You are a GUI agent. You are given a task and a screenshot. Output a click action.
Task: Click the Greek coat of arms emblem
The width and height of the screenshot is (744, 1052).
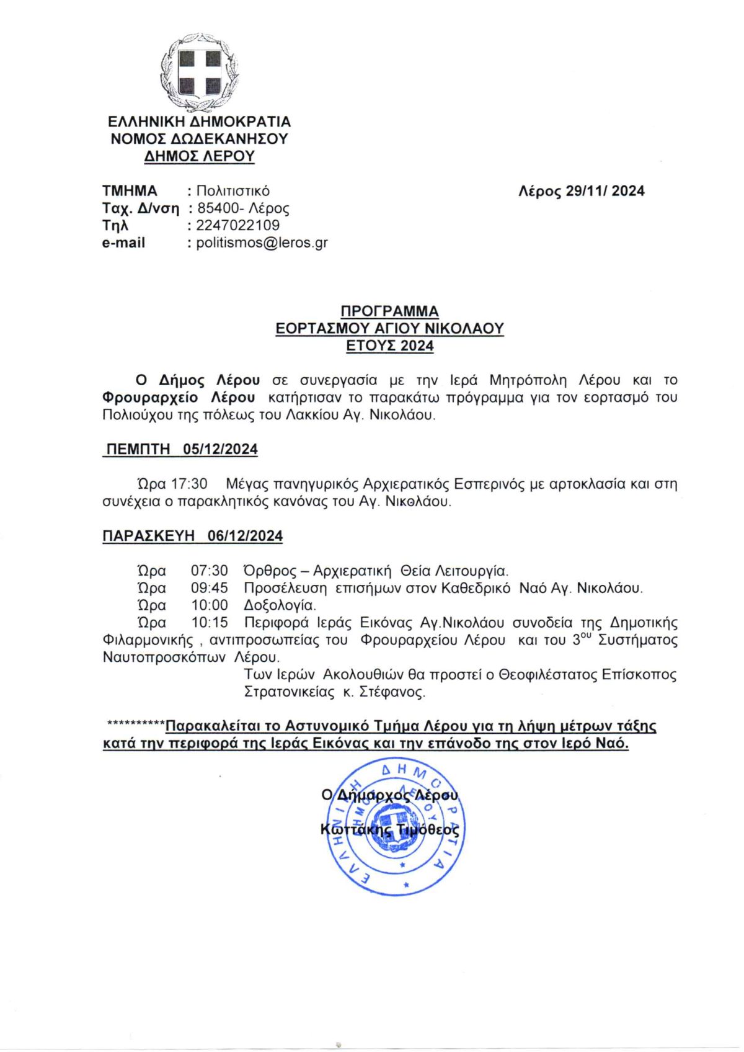pyautogui.click(x=199, y=73)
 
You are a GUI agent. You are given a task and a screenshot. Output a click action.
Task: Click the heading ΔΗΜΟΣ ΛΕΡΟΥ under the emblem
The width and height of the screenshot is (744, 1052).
pyautogui.click(x=199, y=156)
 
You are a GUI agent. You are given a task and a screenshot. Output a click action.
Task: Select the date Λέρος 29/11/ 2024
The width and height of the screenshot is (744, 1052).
pyautogui.click(x=581, y=191)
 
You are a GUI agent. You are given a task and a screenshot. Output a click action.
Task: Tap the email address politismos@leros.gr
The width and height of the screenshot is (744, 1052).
pyautogui.click(x=262, y=243)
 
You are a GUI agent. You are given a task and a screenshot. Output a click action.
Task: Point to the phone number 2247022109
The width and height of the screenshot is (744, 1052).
pyautogui.click(x=237, y=225)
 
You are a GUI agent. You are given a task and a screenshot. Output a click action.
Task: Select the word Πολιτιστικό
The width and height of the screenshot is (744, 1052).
pyautogui.click(x=232, y=191)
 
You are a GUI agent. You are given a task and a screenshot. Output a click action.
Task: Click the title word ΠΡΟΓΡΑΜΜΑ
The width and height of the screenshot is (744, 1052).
pyautogui.click(x=389, y=311)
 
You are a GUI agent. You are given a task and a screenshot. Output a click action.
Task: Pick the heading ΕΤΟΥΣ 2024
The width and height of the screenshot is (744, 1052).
pyautogui.click(x=389, y=346)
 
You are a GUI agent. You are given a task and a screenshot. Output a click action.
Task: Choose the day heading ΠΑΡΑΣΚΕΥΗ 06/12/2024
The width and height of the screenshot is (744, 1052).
pyautogui.click(x=192, y=536)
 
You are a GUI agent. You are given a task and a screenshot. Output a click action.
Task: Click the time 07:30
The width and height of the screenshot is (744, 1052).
pyautogui.click(x=209, y=571)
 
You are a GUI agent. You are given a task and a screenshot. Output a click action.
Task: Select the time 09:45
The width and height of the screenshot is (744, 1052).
pyautogui.click(x=209, y=588)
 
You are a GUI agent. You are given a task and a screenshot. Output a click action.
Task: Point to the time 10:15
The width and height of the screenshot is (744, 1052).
pyautogui.click(x=209, y=623)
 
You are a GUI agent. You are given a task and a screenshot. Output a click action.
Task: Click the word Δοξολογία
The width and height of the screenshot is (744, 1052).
pyautogui.click(x=280, y=605)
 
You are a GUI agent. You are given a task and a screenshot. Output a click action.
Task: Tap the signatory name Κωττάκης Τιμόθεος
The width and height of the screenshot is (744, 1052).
pyautogui.click(x=390, y=830)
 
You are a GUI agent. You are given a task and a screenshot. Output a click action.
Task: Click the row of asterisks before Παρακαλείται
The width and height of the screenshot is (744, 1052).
pyautogui.click(x=136, y=724)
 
